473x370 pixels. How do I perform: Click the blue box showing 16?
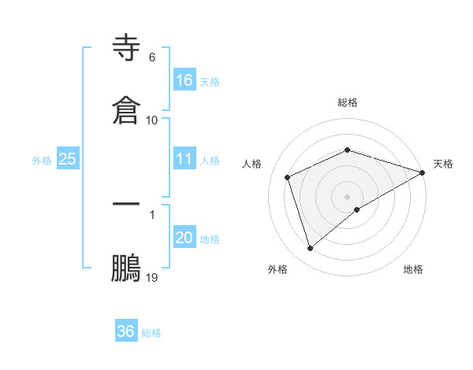click(184, 80)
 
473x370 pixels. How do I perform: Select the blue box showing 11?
click(184, 159)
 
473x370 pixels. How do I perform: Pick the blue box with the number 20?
click(184, 238)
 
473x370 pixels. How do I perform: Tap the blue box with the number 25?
click(68, 159)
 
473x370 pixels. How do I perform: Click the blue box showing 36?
click(126, 331)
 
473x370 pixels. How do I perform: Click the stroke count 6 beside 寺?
click(152, 58)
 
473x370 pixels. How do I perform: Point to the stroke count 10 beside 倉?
click(152, 120)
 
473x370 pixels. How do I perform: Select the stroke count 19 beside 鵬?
click(152, 277)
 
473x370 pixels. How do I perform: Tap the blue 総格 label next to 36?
click(151, 333)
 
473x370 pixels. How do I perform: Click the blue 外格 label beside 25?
click(42, 161)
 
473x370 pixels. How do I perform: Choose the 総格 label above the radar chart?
click(347, 102)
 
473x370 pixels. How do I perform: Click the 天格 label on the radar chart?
click(443, 164)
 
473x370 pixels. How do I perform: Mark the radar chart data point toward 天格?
click(423, 172)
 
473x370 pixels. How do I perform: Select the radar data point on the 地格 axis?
click(357, 209)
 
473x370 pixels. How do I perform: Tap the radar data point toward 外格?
click(310, 249)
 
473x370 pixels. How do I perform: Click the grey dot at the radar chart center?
click(347, 196)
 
